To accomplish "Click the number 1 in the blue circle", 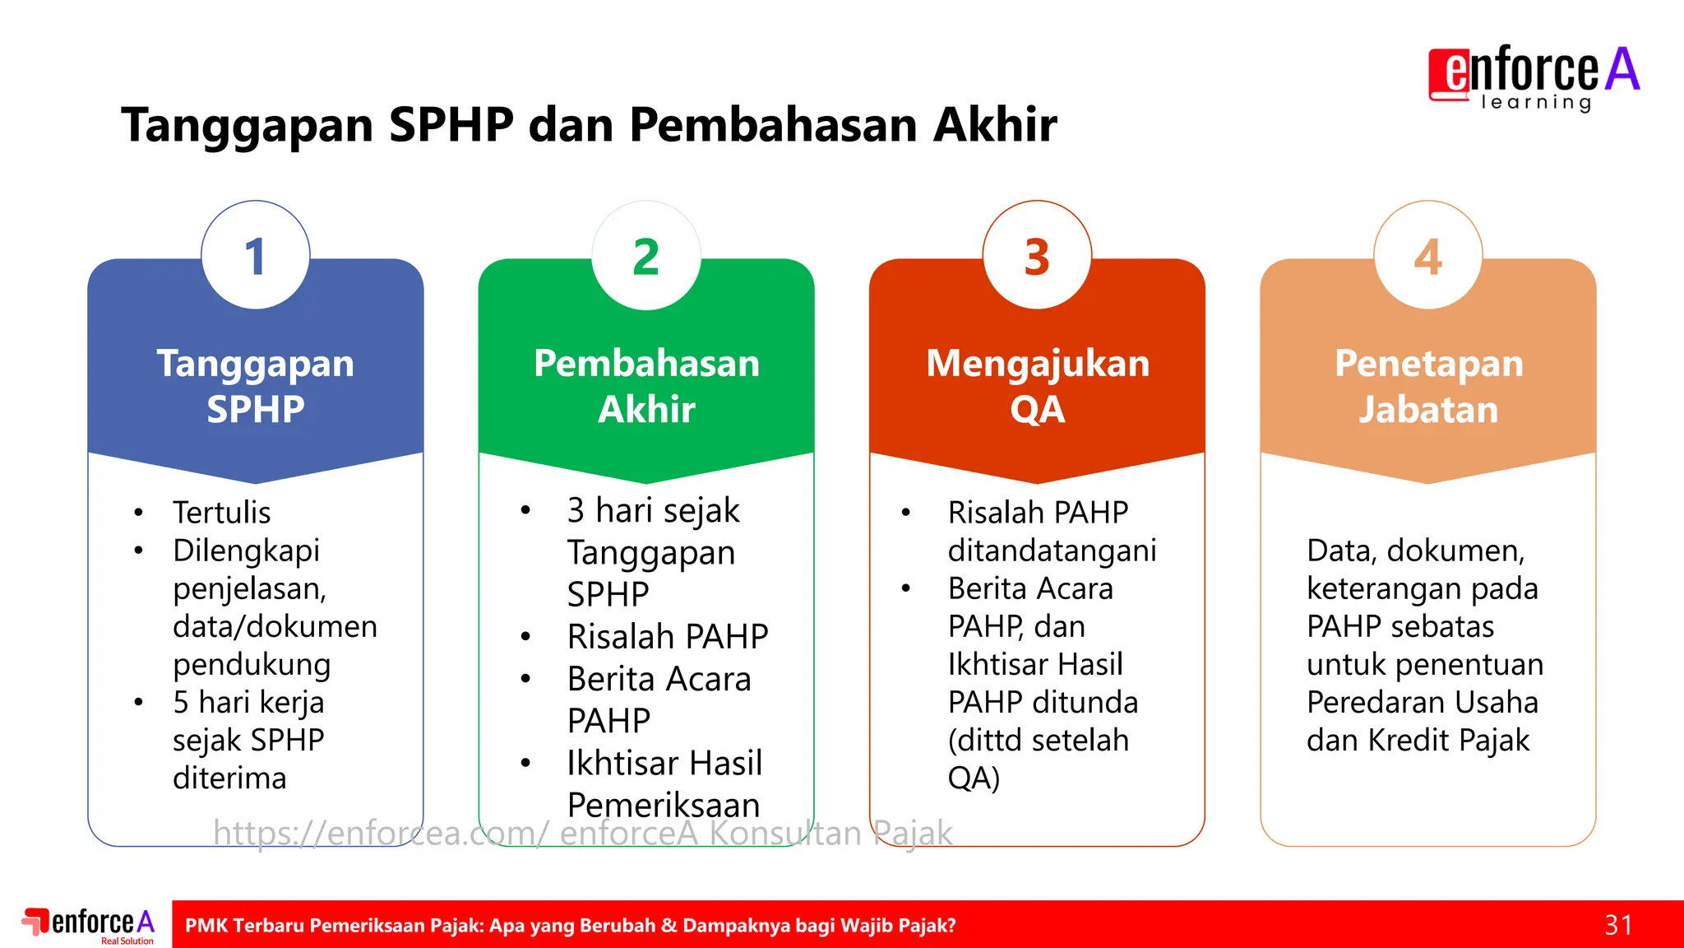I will click(256, 257).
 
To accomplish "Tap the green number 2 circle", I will click(646, 257).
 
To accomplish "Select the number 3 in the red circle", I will click(1037, 257).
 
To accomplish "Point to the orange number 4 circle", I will click(1428, 257).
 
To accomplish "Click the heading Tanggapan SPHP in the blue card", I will click(256, 386).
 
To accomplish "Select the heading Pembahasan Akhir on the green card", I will click(646, 386).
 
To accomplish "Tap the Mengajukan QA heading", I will click(1037, 386).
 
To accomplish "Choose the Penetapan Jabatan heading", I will click(1428, 386).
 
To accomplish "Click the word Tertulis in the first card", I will click(221, 513).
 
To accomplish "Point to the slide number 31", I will click(1618, 925).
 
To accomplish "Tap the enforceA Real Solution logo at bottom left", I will click(89, 925).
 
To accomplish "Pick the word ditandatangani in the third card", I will click(1052, 551).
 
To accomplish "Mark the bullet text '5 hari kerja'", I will click(248, 702).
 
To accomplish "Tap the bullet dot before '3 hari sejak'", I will click(525, 511).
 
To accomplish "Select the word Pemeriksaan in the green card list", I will click(663, 805).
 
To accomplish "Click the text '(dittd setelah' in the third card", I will click(1038, 740).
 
